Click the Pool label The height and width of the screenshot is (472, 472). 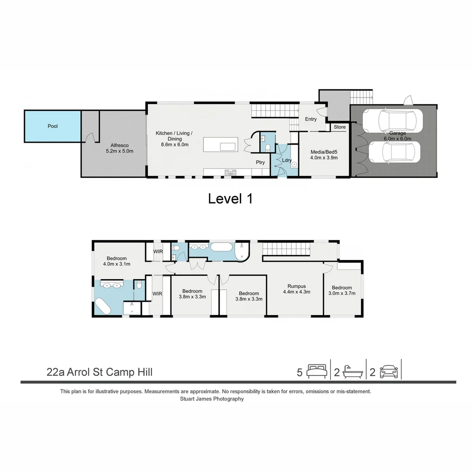[x=52, y=126]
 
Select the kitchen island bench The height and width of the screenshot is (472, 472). [x=221, y=144]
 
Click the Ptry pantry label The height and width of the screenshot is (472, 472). [x=260, y=163]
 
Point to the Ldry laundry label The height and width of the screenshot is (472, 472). [x=287, y=160]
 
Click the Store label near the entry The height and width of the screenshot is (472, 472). [x=340, y=127]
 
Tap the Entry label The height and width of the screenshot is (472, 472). [x=311, y=119]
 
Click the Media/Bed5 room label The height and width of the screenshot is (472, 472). [x=324, y=155]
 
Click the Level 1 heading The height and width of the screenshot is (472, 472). [x=230, y=199]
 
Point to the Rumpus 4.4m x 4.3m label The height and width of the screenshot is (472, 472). [x=296, y=289]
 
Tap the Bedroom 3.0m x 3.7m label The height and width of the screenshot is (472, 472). [x=342, y=291]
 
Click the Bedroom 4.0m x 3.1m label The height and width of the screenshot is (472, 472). [x=117, y=261]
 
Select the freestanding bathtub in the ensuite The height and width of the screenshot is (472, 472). [x=103, y=307]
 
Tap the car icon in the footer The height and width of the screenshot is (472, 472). [x=389, y=371]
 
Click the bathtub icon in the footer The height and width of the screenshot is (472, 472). [x=352, y=371]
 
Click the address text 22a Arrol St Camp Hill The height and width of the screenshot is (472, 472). [x=100, y=372]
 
